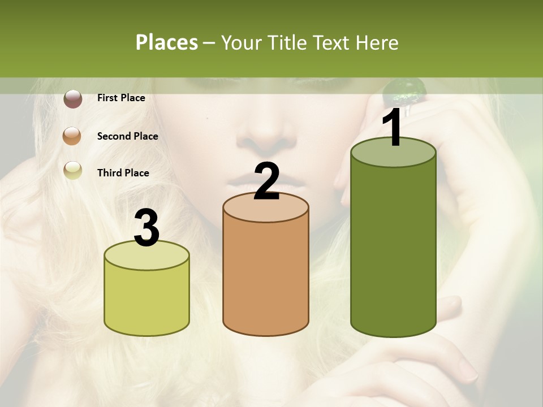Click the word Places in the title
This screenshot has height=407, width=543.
coord(166,42)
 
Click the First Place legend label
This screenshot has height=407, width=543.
coord(121,98)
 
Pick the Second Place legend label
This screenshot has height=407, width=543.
coord(127,136)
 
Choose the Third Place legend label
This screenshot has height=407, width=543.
coord(123,173)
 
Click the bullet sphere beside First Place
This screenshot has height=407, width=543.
coord(72,99)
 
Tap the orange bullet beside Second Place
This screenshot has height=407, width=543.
coord(72,136)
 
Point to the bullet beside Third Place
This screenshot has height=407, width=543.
coord(72,170)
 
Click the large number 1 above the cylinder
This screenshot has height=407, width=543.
coord(392,129)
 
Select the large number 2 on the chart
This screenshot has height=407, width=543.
coord(266,182)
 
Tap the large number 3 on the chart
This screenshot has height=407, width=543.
coord(147,228)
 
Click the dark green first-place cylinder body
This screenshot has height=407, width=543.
coord(393,249)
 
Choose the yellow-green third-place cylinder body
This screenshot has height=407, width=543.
coord(146,300)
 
